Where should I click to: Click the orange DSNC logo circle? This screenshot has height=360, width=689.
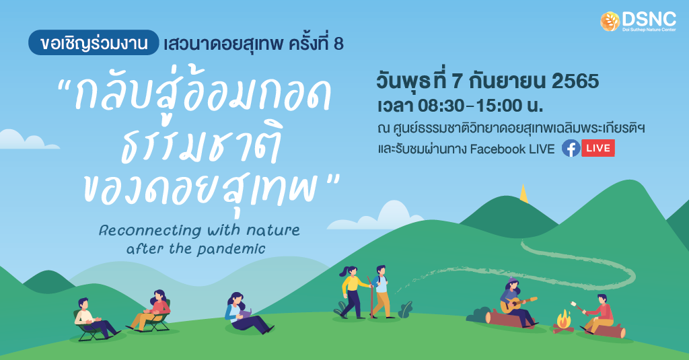(610, 22)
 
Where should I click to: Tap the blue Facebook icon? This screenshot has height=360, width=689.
(571, 148)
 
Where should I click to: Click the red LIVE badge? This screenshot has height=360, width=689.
(597, 148)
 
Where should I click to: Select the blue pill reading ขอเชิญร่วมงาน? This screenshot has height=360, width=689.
(93, 42)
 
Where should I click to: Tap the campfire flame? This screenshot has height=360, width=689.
(563, 319)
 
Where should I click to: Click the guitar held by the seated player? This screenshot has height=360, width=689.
(519, 304)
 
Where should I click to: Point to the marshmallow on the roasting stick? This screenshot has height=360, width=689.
(573, 303)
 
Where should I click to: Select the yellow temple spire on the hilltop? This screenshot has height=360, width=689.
(523, 194)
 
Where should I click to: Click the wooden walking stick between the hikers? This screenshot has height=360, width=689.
(371, 297)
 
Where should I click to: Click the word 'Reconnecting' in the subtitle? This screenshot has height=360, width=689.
(150, 230)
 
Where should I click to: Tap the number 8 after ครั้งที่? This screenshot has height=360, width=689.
(338, 44)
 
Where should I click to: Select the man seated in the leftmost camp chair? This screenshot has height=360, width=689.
(94, 318)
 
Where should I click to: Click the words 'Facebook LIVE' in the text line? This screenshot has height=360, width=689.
(512, 149)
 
